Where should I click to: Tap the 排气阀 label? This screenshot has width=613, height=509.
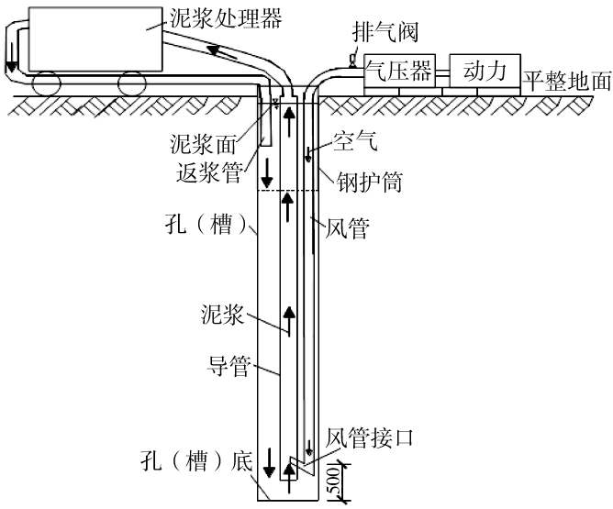point(385,34)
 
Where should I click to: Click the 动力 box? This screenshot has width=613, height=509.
point(484,70)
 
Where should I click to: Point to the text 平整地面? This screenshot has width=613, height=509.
point(567,81)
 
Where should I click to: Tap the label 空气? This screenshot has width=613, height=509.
point(355,143)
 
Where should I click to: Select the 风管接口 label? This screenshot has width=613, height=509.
point(371,437)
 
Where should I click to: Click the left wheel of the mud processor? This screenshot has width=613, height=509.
point(47,84)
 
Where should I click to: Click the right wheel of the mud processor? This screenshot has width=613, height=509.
point(131,84)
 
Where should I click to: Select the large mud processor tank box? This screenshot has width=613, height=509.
point(92,37)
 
